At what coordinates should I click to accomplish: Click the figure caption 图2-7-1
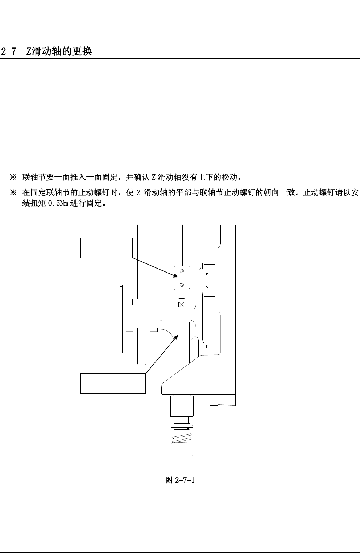[x=180, y=480]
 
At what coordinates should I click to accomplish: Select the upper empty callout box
[x=106, y=248]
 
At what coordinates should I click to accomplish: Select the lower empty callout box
[x=112, y=383]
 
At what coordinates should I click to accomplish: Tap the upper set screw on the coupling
[x=182, y=271]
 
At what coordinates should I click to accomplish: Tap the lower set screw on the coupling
[x=182, y=284]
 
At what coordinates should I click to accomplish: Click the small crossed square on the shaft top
[x=182, y=304]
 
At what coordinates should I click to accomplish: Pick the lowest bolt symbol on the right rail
[x=206, y=346]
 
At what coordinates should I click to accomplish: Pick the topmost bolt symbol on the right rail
[x=206, y=274]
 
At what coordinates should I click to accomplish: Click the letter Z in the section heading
[x=29, y=51]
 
